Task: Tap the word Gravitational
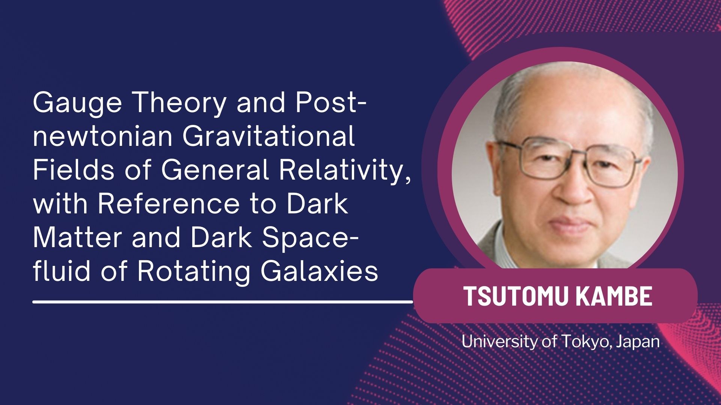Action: coord(268,136)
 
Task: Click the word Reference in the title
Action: coord(169,204)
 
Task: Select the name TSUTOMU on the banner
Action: coord(516,296)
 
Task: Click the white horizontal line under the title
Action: coord(223,301)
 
